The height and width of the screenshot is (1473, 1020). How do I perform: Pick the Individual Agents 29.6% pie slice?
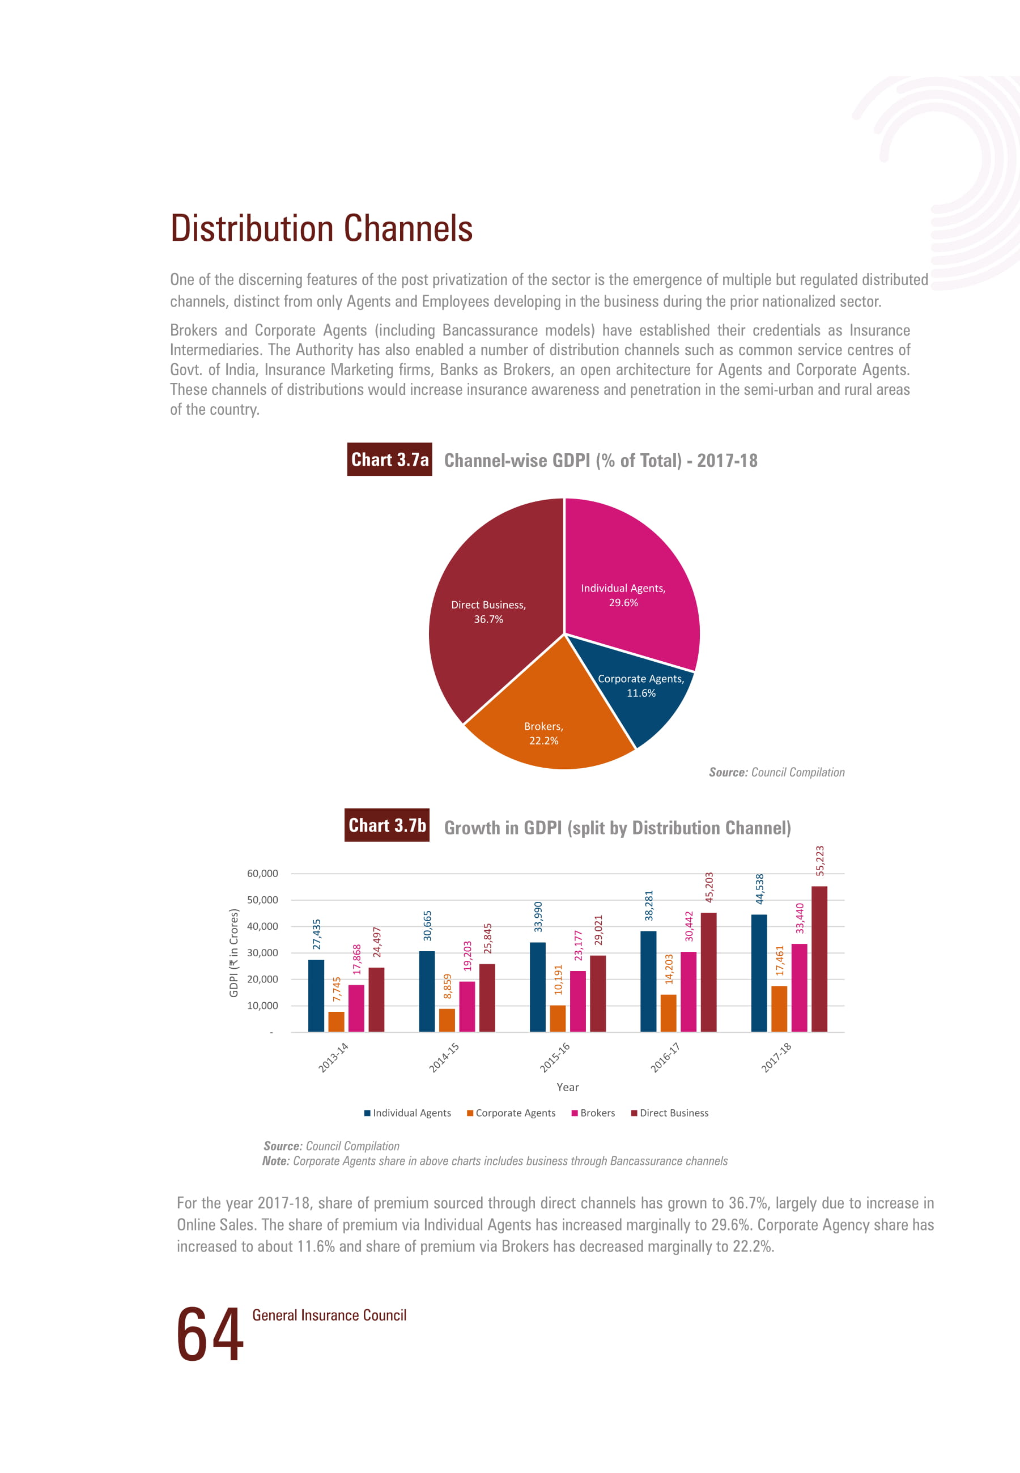point(630,588)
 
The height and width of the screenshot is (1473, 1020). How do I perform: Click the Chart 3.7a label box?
point(389,459)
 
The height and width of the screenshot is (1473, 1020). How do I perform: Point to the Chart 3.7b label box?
point(386,825)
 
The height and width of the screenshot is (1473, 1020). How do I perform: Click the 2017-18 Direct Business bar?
point(819,959)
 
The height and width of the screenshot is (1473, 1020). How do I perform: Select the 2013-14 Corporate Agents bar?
point(336,1021)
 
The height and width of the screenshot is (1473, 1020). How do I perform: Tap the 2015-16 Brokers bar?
point(578,1002)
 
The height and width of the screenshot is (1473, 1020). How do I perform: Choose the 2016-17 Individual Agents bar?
point(648,981)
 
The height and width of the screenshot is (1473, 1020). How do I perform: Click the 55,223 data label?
point(820,861)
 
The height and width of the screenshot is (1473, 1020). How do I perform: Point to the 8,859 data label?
point(447,986)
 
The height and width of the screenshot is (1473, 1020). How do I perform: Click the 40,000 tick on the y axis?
point(263,926)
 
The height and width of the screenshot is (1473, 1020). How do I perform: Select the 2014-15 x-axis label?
point(444,1057)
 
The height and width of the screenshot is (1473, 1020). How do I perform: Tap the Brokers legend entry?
point(593,1113)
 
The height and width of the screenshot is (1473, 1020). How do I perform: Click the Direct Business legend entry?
point(670,1113)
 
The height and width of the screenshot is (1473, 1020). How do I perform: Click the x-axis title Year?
point(568,1087)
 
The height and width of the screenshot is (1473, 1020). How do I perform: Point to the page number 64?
point(210,1334)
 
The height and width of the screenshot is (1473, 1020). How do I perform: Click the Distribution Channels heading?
point(321,228)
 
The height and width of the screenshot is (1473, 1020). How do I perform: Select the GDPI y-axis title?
point(234,952)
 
